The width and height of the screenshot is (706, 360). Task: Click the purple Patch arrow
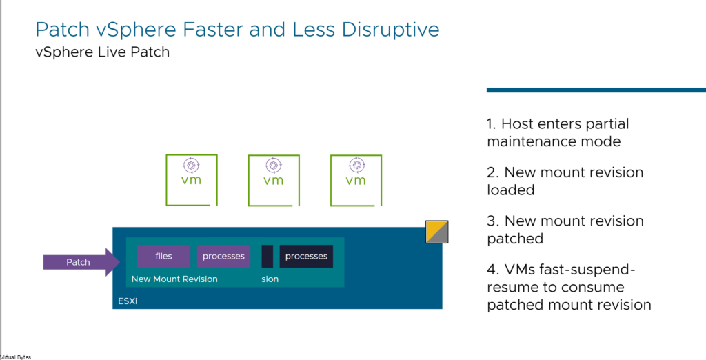[x=81, y=262]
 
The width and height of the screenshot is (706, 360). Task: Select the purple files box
[x=163, y=257]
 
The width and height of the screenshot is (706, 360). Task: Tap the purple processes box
[x=223, y=257]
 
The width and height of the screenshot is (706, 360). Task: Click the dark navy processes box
[x=306, y=257]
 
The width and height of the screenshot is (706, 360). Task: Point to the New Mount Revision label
[x=174, y=279]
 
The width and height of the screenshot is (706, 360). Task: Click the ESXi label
[x=128, y=301]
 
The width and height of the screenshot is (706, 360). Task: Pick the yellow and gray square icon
[x=436, y=232]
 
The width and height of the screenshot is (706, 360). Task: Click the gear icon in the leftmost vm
[x=192, y=166]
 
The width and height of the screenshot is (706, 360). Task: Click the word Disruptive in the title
[x=390, y=30]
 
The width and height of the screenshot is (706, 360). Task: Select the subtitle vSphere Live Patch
[x=103, y=52]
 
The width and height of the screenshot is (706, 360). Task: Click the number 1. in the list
[x=491, y=123]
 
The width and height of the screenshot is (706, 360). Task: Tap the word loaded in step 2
[x=511, y=190]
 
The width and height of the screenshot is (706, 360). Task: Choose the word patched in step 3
[x=515, y=239]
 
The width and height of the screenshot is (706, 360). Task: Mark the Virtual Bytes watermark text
[x=16, y=357]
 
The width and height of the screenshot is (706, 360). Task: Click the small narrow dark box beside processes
[x=268, y=257]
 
